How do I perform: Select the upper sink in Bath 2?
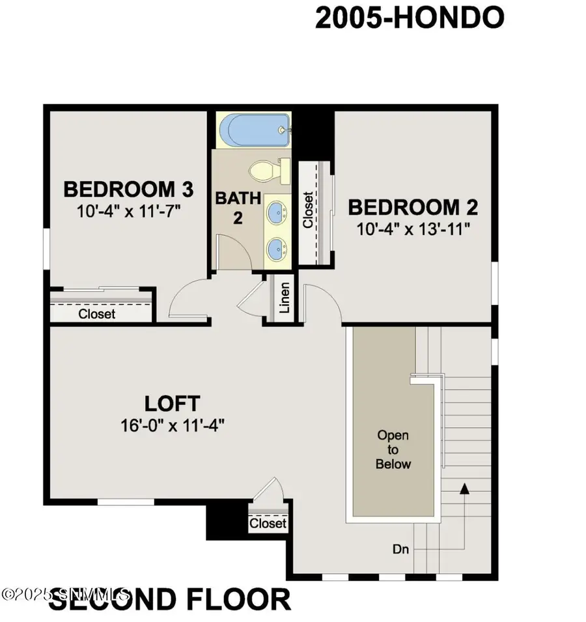click(x=279, y=212)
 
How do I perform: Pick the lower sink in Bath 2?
click(x=279, y=247)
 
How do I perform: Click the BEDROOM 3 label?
click(x=128, y=190)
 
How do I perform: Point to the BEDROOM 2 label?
click(x=413, y=208)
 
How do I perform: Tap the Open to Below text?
click(x=394, y=449)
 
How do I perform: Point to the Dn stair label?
click(x=401, y=549)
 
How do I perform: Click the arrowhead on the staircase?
click(x=464, y=488)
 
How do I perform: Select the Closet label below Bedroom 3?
click(x=97, y=314)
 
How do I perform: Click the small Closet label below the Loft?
click(x=268, y=523)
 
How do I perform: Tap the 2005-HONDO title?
click(x=410, y=18)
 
